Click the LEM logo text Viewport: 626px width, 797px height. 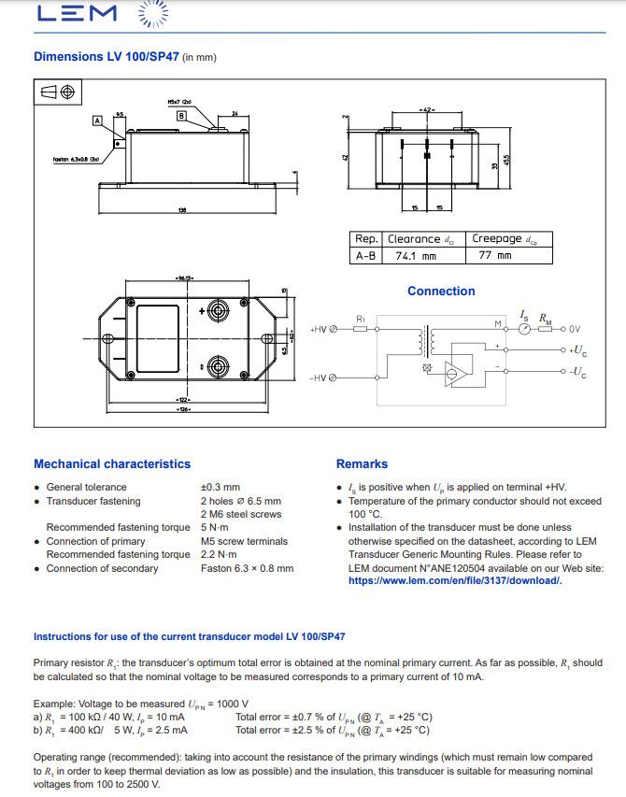[76, 13]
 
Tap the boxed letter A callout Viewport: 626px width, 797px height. [96, 121]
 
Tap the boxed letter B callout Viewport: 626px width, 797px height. [182, 115]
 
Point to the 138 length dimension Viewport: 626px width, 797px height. [182, 210]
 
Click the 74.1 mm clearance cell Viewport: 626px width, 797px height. [416, 255]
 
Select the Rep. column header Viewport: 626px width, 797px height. [366, 239]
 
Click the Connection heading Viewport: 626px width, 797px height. [441, 292]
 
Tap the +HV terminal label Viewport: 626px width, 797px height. [319, 330]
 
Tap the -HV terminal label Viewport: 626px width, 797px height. [319, 377]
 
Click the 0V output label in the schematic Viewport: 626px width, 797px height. [574, 329]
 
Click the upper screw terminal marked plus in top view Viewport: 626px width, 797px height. [219, 310]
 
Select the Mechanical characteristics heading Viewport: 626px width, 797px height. [112, 464]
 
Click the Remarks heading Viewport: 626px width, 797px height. [362, 464]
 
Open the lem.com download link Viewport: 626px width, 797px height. [455, 581]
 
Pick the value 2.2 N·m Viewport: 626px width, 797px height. [220, 555]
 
